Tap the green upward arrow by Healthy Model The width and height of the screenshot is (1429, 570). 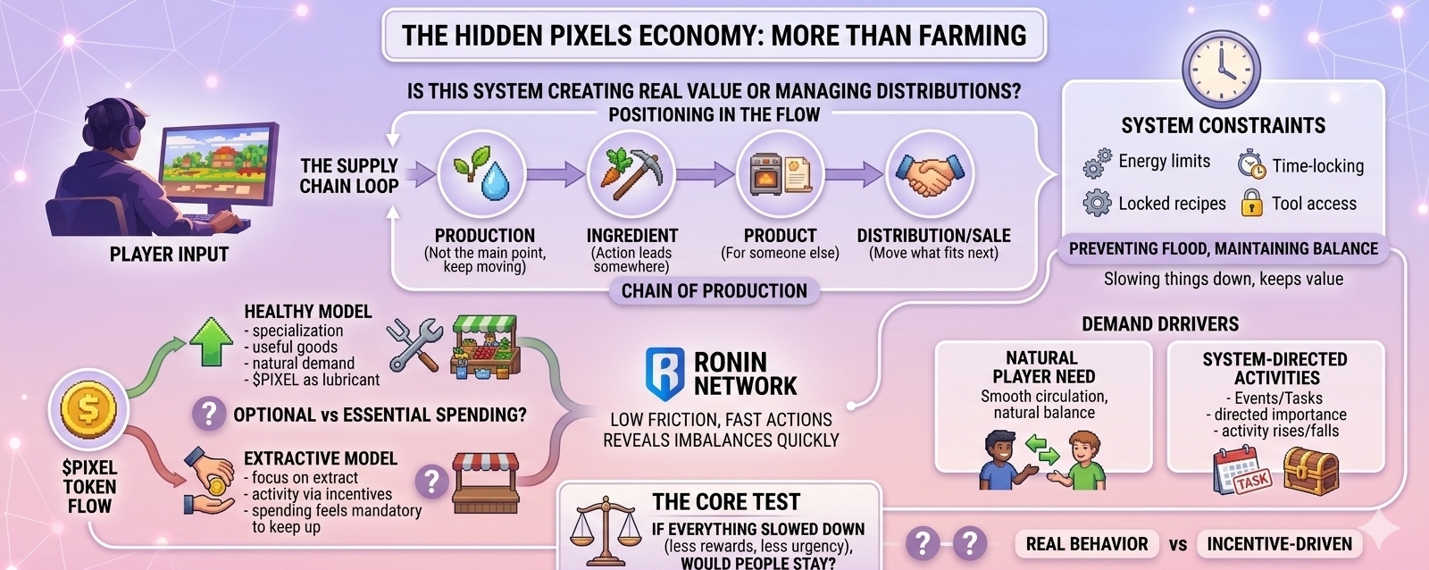211,340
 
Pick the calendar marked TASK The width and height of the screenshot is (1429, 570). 1241,471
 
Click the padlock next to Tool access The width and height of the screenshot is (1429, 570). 1251,203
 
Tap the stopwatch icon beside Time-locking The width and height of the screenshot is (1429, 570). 1251,164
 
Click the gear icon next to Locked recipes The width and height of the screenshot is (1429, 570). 1097,203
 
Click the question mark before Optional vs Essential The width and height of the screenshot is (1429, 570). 209,414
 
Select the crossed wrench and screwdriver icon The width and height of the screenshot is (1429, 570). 414,345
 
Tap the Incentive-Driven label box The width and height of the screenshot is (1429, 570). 1279,544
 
